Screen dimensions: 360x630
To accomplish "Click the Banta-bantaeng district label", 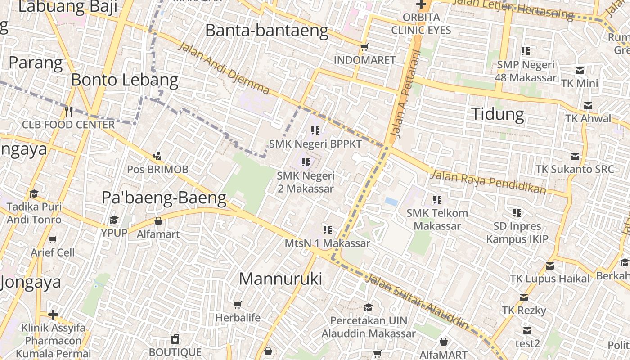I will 266,31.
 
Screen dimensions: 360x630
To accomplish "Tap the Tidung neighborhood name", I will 497,114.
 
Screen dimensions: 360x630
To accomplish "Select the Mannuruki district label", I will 280,279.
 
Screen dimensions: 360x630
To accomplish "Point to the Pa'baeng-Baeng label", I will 164,198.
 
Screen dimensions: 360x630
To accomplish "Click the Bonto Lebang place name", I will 125,81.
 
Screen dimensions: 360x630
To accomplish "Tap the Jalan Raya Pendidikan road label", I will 488,181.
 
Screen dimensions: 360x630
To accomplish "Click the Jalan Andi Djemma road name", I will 224,68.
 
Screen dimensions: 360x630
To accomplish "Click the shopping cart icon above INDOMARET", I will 364,47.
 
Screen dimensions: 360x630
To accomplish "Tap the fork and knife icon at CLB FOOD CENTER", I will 68,111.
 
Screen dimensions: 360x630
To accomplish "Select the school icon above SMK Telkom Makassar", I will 437,199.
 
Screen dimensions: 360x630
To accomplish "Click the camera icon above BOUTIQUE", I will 175,339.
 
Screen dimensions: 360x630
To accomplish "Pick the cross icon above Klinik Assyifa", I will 53,314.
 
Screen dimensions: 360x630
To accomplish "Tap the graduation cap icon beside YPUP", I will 114,220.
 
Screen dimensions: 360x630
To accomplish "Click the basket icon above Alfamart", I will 158,221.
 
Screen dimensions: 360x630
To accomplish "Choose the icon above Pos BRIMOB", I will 157,156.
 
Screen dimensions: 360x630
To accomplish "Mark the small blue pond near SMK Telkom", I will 391,202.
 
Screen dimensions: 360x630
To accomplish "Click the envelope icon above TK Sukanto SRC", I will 575,157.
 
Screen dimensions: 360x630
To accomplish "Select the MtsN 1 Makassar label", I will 327,243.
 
